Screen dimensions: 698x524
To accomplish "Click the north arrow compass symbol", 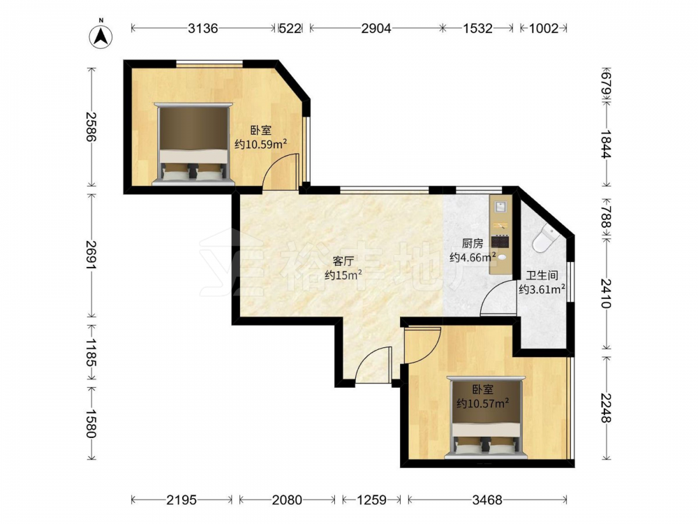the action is click(x=101, y=36).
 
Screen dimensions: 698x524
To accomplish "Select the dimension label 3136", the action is click(x=203, y=29).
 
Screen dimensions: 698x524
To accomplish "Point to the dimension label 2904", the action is click(x=376, y=29).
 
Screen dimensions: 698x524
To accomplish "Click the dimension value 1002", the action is click(x=544, y=29).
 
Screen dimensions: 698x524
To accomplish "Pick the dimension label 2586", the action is click(x=91, y=126).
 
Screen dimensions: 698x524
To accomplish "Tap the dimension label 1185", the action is click(x=91, y=352).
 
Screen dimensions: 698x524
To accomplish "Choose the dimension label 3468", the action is click(x=487, y=500).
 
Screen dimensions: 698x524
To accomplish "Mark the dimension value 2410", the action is click(x=606, y=293).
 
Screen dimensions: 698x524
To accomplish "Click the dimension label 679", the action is click(x=606, y=85).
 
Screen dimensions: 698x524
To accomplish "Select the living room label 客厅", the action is click(x=343, y=261).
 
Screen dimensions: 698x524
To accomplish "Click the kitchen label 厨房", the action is click(x=473, y=243).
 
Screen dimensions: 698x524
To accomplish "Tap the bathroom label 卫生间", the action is click(x=542, y=275).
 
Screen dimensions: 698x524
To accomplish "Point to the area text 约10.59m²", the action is click(x=260, y=144).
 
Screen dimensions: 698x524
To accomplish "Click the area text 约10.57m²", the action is click(x=483, y=404).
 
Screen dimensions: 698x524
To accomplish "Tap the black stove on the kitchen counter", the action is click(x=500, y=242).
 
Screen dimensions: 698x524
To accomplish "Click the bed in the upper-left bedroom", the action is click(x=193, y=144).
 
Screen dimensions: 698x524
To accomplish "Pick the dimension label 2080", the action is click(x=287, y=500).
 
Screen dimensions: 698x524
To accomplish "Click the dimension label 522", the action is click(x=290, y=29).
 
